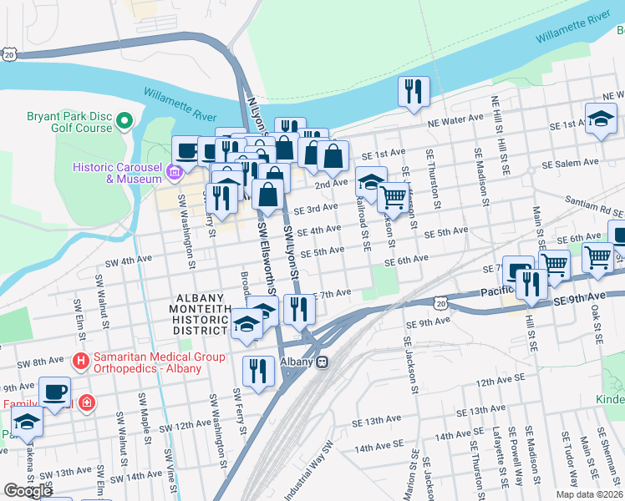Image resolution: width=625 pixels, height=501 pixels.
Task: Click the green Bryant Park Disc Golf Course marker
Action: (x=125, y=122)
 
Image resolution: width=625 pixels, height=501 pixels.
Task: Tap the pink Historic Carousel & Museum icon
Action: (x=174, y=173)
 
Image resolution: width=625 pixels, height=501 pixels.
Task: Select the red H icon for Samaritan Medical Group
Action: (x=81, y=362)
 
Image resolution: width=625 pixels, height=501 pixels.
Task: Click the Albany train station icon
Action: (x=322, y=362)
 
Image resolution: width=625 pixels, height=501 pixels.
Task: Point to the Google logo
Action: (x=28, y=491)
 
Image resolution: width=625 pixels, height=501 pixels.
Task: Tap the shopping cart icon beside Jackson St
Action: (x=393, y=198)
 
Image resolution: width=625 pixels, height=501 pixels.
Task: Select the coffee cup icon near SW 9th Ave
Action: (x=55, y=392)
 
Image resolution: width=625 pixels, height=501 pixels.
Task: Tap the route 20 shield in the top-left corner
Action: (x=9, y=53)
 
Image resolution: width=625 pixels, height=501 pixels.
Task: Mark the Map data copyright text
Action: (x=588, y=494)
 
